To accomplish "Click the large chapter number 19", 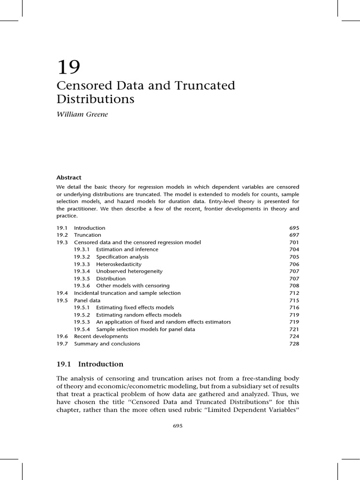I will (x=69, y=67).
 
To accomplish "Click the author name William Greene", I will (x=82, y=114).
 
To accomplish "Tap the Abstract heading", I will (x=69, y=178).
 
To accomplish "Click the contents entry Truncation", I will (x=87, y=235).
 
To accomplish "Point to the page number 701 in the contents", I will (x=294, y=242).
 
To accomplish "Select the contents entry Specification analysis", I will (x=122, y=257).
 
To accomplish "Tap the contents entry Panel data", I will (x=87, y=300).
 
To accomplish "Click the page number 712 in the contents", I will (x=294, y=293).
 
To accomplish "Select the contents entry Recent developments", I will (x=101, y=337).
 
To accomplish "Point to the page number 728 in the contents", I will (x=294, y=344).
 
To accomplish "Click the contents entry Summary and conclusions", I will (x=107, y=344).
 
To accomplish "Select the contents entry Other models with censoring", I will (x=133, y=286).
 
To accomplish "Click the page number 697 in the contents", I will (x=294, y=235).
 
